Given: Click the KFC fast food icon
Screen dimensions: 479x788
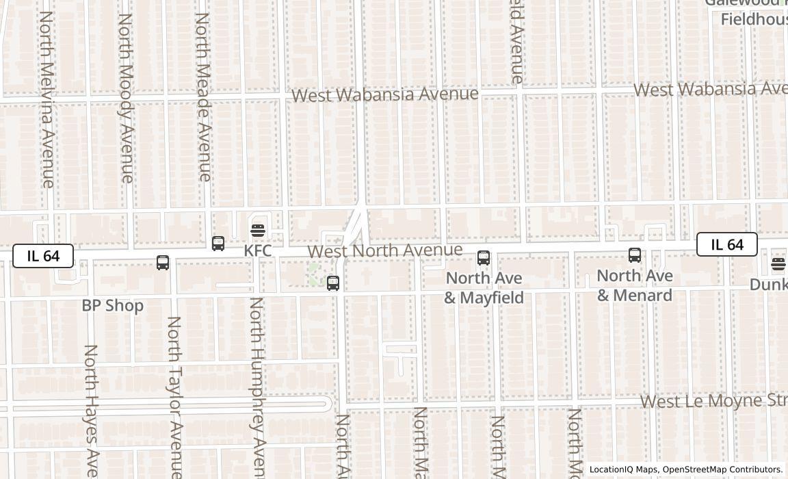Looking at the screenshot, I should pyautogui.click(x=258, y=231).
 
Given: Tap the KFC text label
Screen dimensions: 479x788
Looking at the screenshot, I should pyautogui.click(x=258, y=251).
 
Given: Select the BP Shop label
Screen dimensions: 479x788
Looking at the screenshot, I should pyautogui.click(x=113, y=306).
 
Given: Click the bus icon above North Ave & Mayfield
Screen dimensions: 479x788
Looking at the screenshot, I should pyautogui.click(x=484, y=258).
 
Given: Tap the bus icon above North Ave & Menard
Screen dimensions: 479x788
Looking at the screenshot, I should pyautogui.click(x=635, y=255).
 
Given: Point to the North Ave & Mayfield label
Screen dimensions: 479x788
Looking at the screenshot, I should pyautogui.click(x=484, y=288).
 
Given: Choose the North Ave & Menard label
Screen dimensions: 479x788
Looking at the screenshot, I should pyautogui.click(x=635, y=285).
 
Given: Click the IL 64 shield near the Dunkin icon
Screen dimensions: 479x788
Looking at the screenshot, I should pyautogui.click(x=726, y=245).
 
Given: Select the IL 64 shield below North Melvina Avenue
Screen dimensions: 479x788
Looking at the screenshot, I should pyautogui.click(x=43, y=257).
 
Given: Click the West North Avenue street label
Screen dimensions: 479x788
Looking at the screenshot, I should pyautogui.click(x=385, y=251).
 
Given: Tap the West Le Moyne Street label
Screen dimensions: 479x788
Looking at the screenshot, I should pyautogui.click(x=713, y=401).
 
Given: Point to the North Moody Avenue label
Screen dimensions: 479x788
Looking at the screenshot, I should pyautogui.click(x=126, y=98).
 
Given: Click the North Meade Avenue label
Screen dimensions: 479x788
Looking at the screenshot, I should pyautogui.click(x=202, y=96).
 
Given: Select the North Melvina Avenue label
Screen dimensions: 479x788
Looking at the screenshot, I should pyautogui.click(x=47, y=99).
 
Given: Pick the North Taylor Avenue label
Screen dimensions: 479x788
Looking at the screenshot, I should pyautogui.click(x=174, y=397).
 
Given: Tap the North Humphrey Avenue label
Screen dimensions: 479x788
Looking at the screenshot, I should pyautogui.click(x=257, y=387).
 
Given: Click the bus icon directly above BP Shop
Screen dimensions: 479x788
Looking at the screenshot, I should pyautogui.click(x=163, y=263).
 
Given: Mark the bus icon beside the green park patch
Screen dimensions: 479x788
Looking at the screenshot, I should pyautogui.click(x=333, y=283).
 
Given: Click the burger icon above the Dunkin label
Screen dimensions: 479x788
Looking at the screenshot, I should pyautogui.click(x=778, y=263).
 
